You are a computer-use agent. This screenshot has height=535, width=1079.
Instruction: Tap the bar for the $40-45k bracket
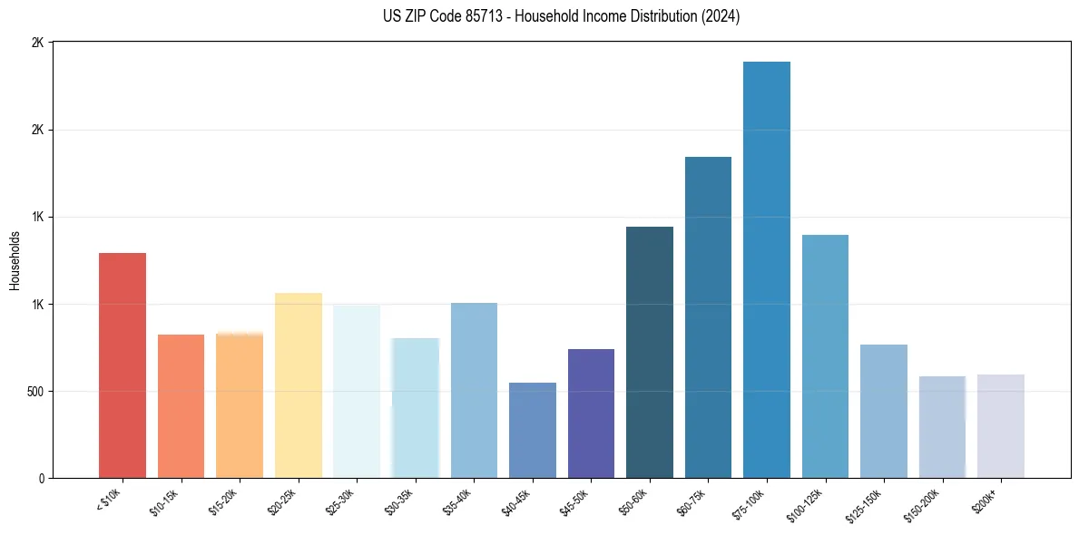[x=533, y=430]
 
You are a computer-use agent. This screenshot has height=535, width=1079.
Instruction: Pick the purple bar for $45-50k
[x=591, y=413]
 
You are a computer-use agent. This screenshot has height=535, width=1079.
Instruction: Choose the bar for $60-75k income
[x=708, y=316]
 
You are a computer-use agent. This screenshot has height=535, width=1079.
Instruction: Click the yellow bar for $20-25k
[x=298, y=384]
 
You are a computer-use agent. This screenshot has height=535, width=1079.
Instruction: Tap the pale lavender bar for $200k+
[x=1000, y=425]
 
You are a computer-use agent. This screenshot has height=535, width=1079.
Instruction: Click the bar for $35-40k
[x=474, y=390]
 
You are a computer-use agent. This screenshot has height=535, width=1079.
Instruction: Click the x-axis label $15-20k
[x=224, y=501]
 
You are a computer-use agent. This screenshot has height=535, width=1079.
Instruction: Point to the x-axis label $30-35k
[x=400, y=501]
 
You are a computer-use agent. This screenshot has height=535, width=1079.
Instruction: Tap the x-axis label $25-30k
[x=341, y=501]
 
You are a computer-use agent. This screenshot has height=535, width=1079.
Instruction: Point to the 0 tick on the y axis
[x=41, y=478]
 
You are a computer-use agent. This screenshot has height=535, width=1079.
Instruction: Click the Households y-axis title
[x=15, y=259]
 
